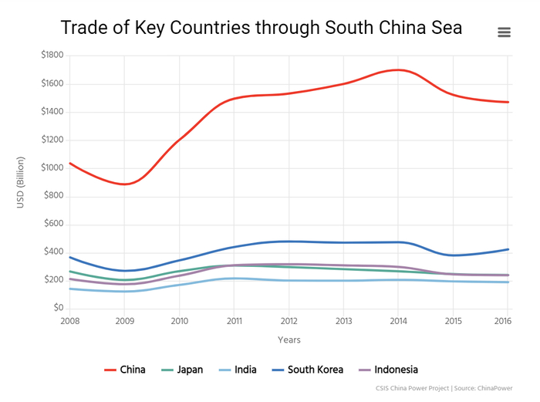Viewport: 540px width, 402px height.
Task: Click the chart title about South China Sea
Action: pyautogui.click(x=262, y=28)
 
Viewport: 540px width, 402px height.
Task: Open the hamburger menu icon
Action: pyautogui.click(x=504, y=32)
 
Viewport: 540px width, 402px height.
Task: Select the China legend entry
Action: pyautogui.click(x=125, y=370)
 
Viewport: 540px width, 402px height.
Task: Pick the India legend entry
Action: pyautogui.click(x=237, y=370)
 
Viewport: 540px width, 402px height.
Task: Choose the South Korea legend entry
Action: pyautogui.click(x=307, y=370)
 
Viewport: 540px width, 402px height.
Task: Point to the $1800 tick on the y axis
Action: pyautogui.click(x=52, y=56)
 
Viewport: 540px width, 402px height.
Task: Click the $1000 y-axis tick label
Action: pyautogui.click(x=52, y=167)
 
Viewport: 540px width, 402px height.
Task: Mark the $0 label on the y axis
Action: pyautogui.click(x=58, y=308)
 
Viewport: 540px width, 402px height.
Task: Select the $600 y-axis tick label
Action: pyautogui.click(x=54, y=224)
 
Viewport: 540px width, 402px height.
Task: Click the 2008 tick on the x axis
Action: pyautogui.click(x=69, y=321)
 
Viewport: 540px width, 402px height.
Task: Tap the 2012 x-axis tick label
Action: pyautogui.click(x=289, y=321)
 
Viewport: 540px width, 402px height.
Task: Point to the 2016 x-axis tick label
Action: pyautogui.click(x=501, y=321)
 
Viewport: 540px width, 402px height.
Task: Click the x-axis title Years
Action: pyautogui.click(x=289, y=340)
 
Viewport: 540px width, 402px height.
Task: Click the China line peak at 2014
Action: pyautogui.click(x=398, y=70)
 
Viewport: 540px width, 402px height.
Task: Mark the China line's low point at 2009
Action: pyautogui.click(x=126, y=184)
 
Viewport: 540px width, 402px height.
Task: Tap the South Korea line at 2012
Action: pyautogui.click(x=289, y=242)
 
